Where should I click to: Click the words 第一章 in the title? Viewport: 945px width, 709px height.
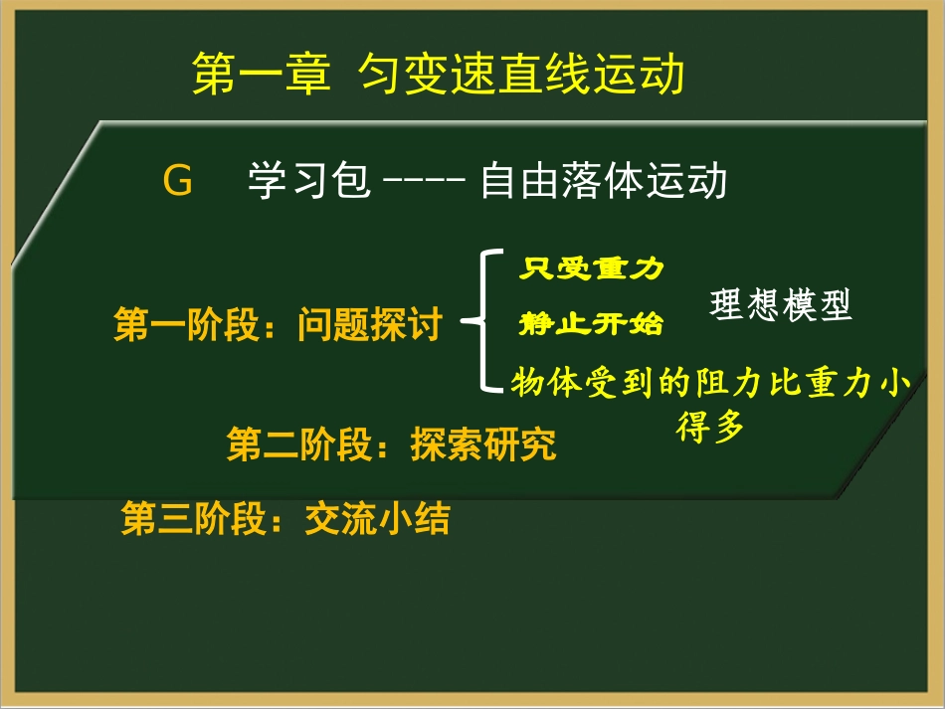tap(261, 75)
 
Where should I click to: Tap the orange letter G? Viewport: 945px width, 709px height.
tap(177, 183)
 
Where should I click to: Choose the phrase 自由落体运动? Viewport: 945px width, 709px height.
tap(604, 183)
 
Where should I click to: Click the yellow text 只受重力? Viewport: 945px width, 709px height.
tap(591, 268)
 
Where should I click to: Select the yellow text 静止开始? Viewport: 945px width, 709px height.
tap(591, 324)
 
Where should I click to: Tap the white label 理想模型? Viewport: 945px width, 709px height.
tap(782, 306)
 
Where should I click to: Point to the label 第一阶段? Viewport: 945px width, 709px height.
tap(187, 325)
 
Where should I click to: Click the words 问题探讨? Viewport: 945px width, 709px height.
tap(369, 325)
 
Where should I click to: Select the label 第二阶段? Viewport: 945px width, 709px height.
tap(299, 444)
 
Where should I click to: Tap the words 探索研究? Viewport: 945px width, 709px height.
tap(483, 444)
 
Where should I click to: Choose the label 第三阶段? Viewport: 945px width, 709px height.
tap(194, 519)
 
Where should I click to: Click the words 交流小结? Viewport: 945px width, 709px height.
tap(377, 519)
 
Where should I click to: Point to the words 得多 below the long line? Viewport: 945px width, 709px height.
tap(710, 429)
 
